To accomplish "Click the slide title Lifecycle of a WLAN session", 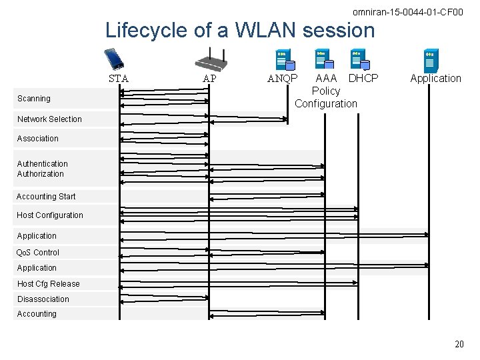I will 240,30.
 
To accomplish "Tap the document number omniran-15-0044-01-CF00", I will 407,12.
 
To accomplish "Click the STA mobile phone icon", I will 115,59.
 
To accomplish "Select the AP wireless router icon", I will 211,60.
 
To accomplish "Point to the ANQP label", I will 283,79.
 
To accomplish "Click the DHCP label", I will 363,78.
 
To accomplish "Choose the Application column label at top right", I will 435,78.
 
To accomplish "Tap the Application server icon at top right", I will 431,61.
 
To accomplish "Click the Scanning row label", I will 34,99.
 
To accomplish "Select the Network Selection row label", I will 49,119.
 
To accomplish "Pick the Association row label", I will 37,139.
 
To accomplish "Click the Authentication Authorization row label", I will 41,169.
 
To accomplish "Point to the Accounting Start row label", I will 46,197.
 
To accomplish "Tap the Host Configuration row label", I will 50,215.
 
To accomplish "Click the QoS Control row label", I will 38,253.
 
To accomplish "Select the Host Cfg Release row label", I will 48,284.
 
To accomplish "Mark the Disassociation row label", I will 43,299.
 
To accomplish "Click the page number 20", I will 459,344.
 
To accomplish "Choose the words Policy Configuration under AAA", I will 326,97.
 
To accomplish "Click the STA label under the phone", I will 119,79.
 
